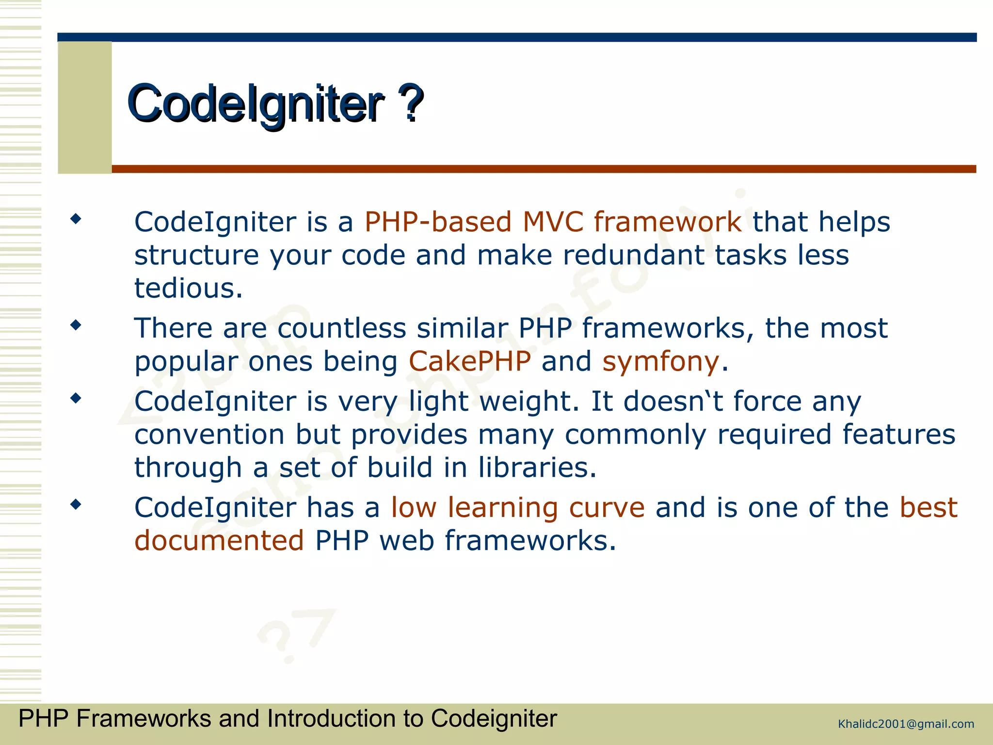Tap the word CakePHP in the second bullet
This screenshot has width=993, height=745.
(x=469, y=361)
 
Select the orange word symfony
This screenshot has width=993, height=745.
(x=660, y=362)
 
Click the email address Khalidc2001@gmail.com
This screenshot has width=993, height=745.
(x=906, y=724)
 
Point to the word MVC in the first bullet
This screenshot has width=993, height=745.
(x=553, y=222)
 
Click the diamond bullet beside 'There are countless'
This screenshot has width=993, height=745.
(x=76, y=325)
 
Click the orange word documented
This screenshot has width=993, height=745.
(x=219, y=541)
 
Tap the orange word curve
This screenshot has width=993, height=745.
(x=607, y=508)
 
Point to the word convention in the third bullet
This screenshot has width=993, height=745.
(x=209, y=435)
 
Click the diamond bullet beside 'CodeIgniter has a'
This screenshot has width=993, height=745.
(x=76, y=504)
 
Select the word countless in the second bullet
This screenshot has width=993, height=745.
(x=341, y=328)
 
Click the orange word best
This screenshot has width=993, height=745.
(x=929, y=508)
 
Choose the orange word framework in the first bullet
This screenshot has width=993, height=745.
(x=667, y=222)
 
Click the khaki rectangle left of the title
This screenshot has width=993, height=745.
(x=85, y=107)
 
